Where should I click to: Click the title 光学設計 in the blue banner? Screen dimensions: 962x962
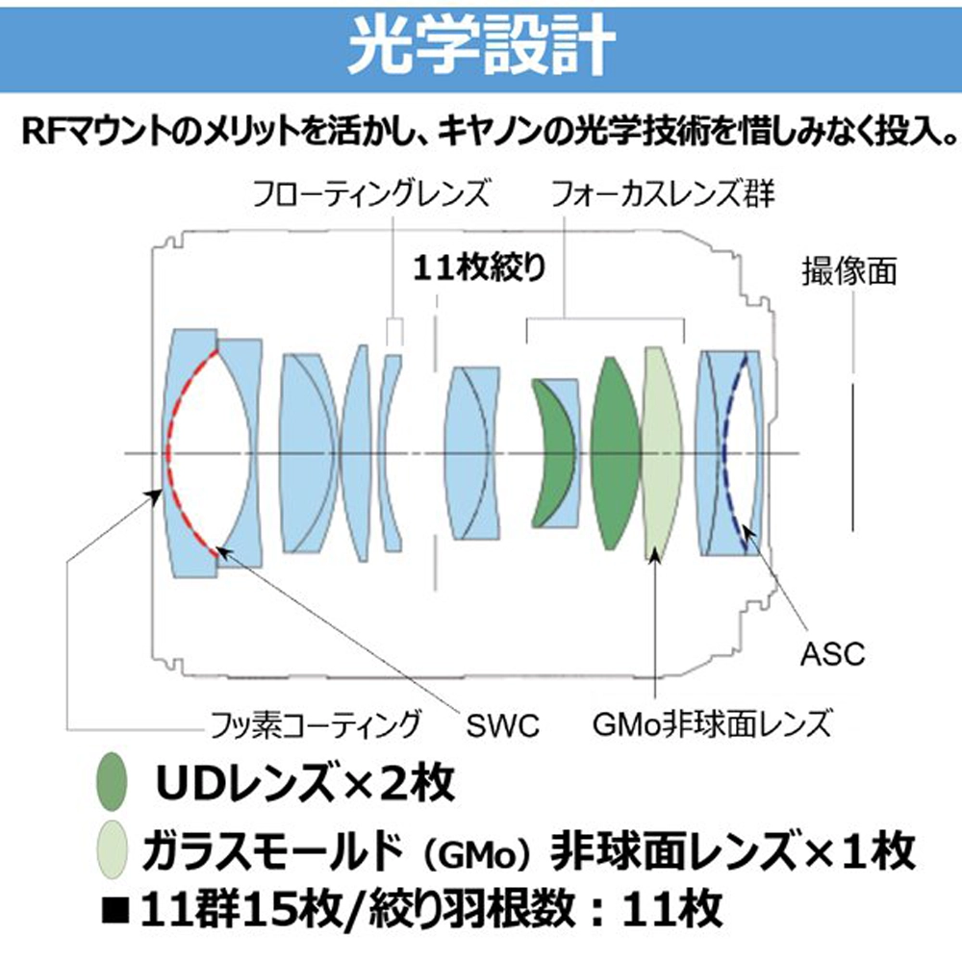[481, 45]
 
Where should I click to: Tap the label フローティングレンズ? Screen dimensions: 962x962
[371, 193]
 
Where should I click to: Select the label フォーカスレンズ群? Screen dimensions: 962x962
[662, 193]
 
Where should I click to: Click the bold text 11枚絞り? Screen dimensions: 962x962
[479, 267]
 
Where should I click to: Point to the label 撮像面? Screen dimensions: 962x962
[849, 270]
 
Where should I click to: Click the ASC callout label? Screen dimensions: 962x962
[832, 654]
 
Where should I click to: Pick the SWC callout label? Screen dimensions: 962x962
[502, 725]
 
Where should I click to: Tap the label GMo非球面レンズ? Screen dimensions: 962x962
[711, 724]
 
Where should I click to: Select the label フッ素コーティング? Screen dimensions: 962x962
[316, 724]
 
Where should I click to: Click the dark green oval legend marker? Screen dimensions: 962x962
[112, 781]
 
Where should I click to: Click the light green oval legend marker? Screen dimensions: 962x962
[112, 849]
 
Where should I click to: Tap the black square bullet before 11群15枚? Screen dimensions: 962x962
[115, 910]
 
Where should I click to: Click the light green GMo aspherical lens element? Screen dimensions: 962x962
[663, 453]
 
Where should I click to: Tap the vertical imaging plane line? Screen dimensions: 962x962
[852, 457]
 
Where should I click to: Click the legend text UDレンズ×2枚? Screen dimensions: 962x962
[306, 782]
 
